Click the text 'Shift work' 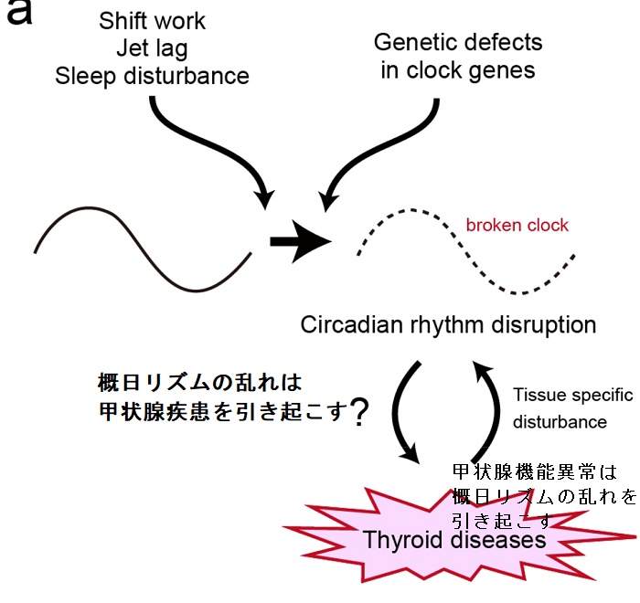click(x=153, y=20)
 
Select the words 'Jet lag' click(x=152, y=48)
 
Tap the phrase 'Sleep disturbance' click(x=152, y=75)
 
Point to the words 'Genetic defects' click(x=458, y=42)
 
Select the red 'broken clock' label click(x=517, y=225)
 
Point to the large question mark click(x=359, y=414)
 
